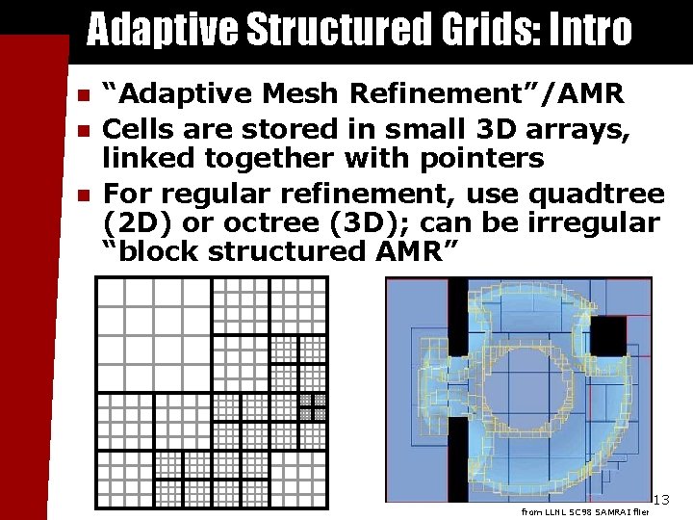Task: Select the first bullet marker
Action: coord(84,95)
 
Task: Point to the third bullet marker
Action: coord(84,195)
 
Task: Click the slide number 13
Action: coord(660,499)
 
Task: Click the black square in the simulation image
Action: coord(607,335)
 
